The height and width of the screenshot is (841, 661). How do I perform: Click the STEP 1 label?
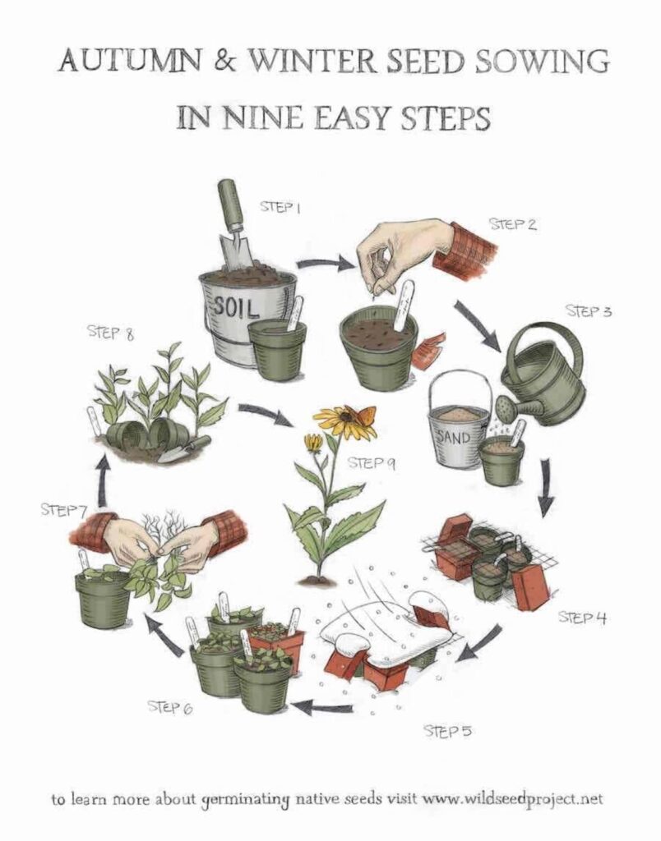pyautogui.click(x=280, y=206)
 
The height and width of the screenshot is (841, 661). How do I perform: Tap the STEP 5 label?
pyautogui.click(x=448, y=730)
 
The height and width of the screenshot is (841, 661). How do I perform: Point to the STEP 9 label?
pyautogui.click(x=372, y=462)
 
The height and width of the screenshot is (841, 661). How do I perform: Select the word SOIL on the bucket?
pyautogui.click(x=237, y=307)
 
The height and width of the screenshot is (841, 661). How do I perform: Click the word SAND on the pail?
pyautogui.click(x=454, y=438)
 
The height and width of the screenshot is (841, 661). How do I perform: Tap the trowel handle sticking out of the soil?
pyautogui.click(x=228, y=204)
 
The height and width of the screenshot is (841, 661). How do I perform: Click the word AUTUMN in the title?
pyautogui.click(x=136, y=60)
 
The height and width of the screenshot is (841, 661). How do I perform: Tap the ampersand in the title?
pyautogui.click(x=227, y=61)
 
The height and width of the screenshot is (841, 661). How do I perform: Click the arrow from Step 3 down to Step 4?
pyautogui.click(x=546, y=488)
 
